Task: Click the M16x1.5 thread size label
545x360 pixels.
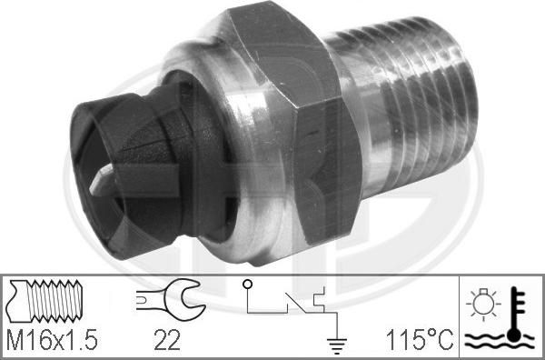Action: [x=52, y=340]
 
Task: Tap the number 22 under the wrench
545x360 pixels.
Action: [x=167, y=340]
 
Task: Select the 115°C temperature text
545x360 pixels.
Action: [x=420, y=340]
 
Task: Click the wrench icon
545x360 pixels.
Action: [x=171, y=299]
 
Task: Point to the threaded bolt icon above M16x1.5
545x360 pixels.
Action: [x=45, y=301]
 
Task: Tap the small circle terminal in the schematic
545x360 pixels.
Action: [x=247, y=285]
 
